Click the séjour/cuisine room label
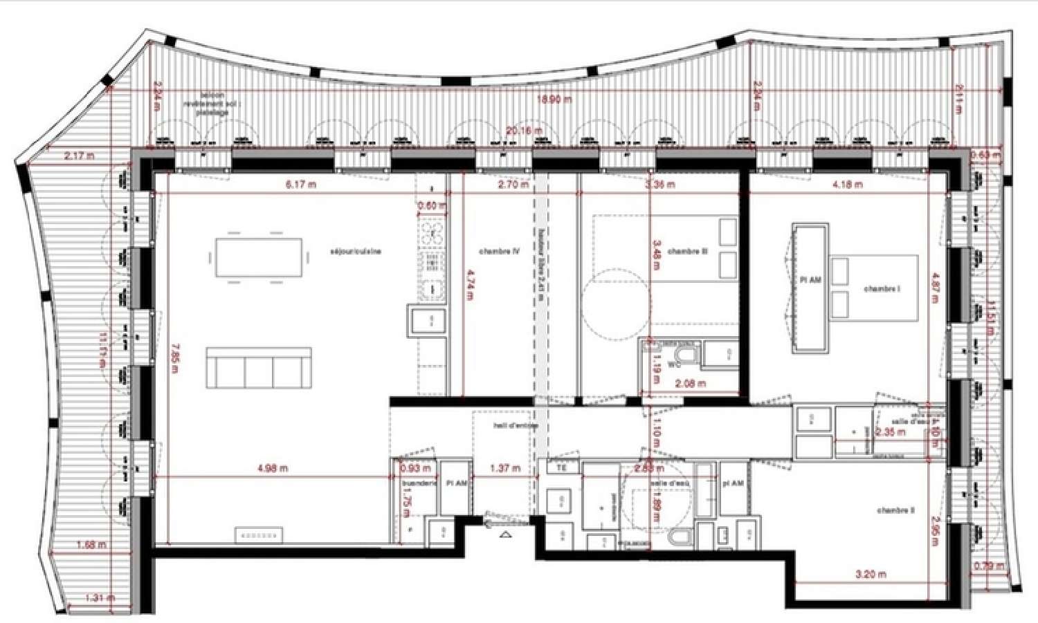[356, 252]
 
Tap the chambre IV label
[499, 252]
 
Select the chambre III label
[687, 252]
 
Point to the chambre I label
[882, 289]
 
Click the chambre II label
[895, 510]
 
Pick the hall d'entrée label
[515, 426]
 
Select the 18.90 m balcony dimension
[554, 100]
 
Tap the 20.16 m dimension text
[524, 131]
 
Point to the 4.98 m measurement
[272, 468]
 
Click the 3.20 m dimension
[870, 574]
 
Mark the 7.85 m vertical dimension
[174, 358]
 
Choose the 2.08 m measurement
[690, 383]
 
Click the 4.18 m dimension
[847, 185]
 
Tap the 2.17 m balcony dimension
[79, 156]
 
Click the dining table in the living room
[259, 257]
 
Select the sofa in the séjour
[258, 367]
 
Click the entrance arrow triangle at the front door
[504, 534]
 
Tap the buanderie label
[419, 483]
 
